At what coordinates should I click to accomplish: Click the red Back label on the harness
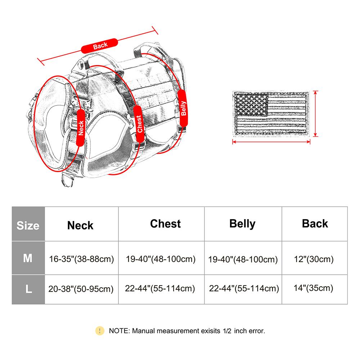(100, 46)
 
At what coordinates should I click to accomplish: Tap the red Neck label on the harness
(80, 128)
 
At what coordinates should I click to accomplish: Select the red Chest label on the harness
(139, 124)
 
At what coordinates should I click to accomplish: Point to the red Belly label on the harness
(183, 108)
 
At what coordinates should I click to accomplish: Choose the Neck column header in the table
(80, 225)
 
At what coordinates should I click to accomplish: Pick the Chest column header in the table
(165, 224)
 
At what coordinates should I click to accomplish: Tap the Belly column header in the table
(242, 224)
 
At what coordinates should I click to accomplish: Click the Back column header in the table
(315, 224)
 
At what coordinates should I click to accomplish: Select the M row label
(28, 258)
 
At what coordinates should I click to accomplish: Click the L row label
(28, 289)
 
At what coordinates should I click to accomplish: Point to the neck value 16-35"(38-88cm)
(81, 259)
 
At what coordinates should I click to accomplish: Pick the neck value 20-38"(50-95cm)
(81, 289)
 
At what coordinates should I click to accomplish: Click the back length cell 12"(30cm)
(314, 259)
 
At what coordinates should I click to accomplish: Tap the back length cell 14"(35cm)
(314, 288)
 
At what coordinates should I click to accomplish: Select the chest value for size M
(161, 259)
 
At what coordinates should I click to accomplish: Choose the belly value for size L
(244, 288)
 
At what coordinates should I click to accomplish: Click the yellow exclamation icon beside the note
(100, 331)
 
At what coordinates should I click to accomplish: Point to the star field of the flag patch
(251, 105)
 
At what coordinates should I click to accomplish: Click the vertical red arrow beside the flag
(316, 114)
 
